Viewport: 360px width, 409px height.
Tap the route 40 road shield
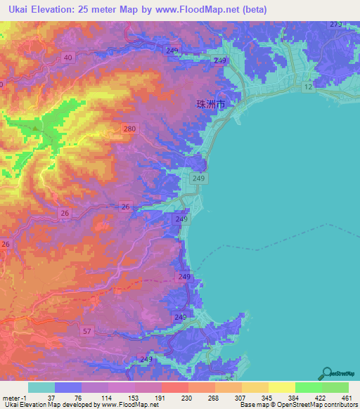[68, 58]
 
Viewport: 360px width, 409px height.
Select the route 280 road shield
[129, 129]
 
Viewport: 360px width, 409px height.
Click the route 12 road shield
[308, 86]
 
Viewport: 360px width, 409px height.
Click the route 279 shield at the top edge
[335, 25]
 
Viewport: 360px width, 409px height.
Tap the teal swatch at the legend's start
[41, 387]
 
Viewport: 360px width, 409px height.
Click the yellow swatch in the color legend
[281, 387]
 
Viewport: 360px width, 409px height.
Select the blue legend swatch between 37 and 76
[68, 387]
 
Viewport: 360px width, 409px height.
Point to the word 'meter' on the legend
[11, 397]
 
